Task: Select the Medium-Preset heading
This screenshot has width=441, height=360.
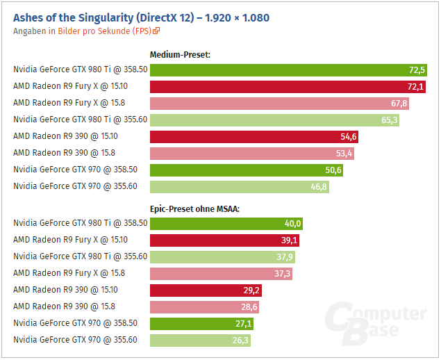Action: pos(180,54)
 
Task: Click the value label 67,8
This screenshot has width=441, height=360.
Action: pos(399,103)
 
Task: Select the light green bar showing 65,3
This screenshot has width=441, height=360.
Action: pos(274,120)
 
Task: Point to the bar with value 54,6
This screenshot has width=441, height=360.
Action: pos(253,136)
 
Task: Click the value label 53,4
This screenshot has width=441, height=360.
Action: pos(344,153)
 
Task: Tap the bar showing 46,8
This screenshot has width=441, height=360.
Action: pos(239,186)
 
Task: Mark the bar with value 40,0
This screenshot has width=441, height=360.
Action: pos(226,224)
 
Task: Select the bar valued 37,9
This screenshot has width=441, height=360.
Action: pos(222,257)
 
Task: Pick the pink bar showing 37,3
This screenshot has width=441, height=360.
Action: pos(221,274)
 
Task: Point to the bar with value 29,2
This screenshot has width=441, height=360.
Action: pos(206,291)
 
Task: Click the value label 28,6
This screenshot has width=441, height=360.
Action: pos(249,307)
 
